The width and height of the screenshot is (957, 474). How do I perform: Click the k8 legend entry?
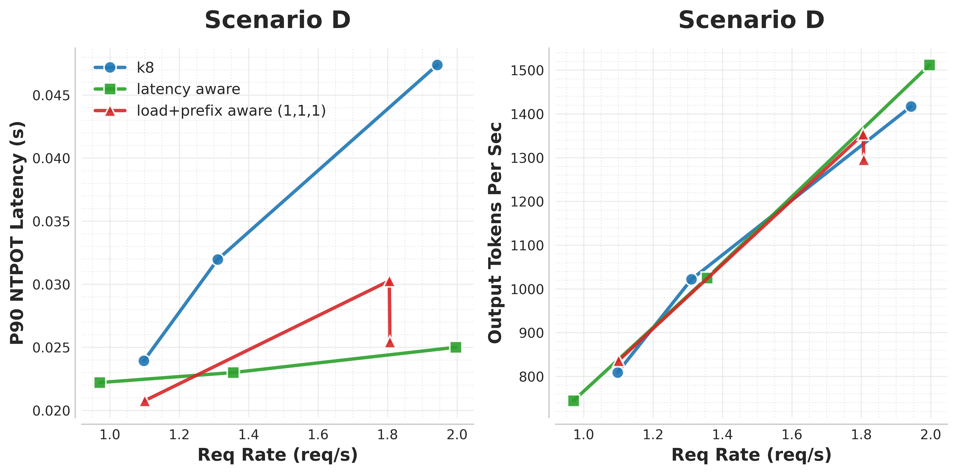coord(145,68)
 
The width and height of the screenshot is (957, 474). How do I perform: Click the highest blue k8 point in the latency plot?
coord(437,65)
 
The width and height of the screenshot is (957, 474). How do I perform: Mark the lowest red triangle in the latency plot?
coord(145,401)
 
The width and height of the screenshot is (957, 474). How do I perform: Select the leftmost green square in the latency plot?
coord(100,382)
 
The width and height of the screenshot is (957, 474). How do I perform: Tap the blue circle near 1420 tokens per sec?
coord(911,107)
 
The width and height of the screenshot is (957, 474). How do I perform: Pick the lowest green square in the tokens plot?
coord(574,400)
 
